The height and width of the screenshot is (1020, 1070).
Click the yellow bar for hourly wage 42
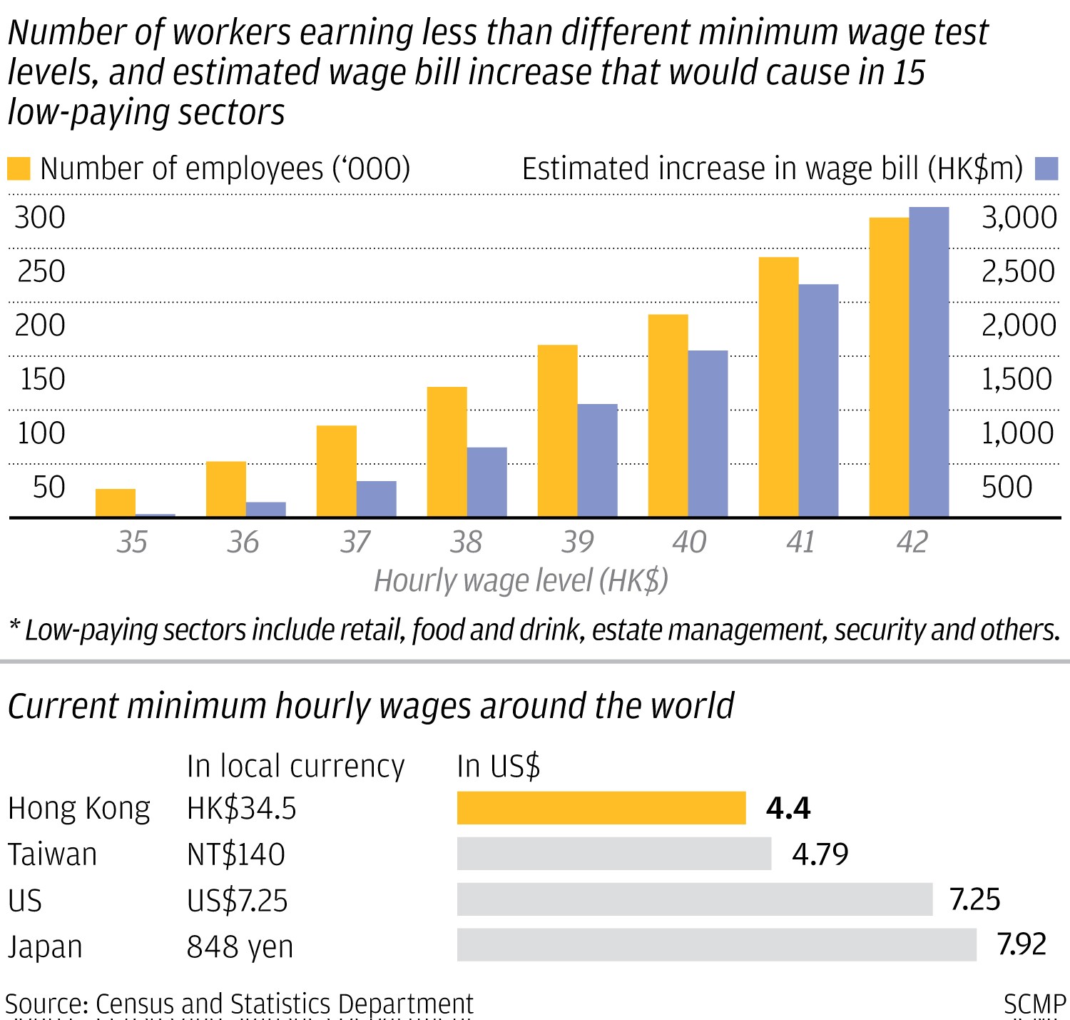pos(889,367)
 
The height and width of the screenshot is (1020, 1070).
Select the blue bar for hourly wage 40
pos(708,433)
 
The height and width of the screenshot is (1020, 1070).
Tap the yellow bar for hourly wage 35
pos(116,503)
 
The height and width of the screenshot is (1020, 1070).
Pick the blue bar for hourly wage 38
pos(486,482)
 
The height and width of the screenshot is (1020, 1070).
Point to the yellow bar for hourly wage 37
pos(336,471)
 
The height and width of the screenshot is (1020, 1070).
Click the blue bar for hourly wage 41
pos(818,400)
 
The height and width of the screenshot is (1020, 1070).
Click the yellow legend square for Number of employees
pos(19,169)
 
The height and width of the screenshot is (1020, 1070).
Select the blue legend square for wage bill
pos(1046,168)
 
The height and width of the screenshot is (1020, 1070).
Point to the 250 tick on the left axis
pos(41,271)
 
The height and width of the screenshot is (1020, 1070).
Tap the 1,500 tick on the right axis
pos(1017,379)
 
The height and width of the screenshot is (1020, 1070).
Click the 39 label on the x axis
pos(577,542)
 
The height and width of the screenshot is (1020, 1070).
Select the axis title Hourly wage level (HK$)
pos(521,580)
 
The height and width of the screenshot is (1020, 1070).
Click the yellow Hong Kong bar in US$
pos(601,808)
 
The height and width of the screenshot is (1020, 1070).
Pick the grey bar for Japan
pos(716,945)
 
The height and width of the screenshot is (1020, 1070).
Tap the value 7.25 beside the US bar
pos(974,899)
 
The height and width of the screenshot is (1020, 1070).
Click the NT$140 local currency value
pos(235,854)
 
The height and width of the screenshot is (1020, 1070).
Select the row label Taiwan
pos(52,854)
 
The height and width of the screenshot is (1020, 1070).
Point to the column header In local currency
pos(295,766)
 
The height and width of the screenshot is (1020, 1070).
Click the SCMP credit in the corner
pos(1034,1004)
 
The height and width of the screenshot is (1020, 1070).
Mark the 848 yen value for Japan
pos(240,946)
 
